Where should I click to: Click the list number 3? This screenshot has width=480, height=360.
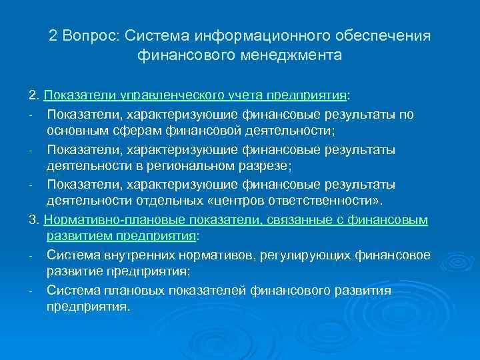click(32, 219)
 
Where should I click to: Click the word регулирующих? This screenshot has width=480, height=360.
click(284, 255)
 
